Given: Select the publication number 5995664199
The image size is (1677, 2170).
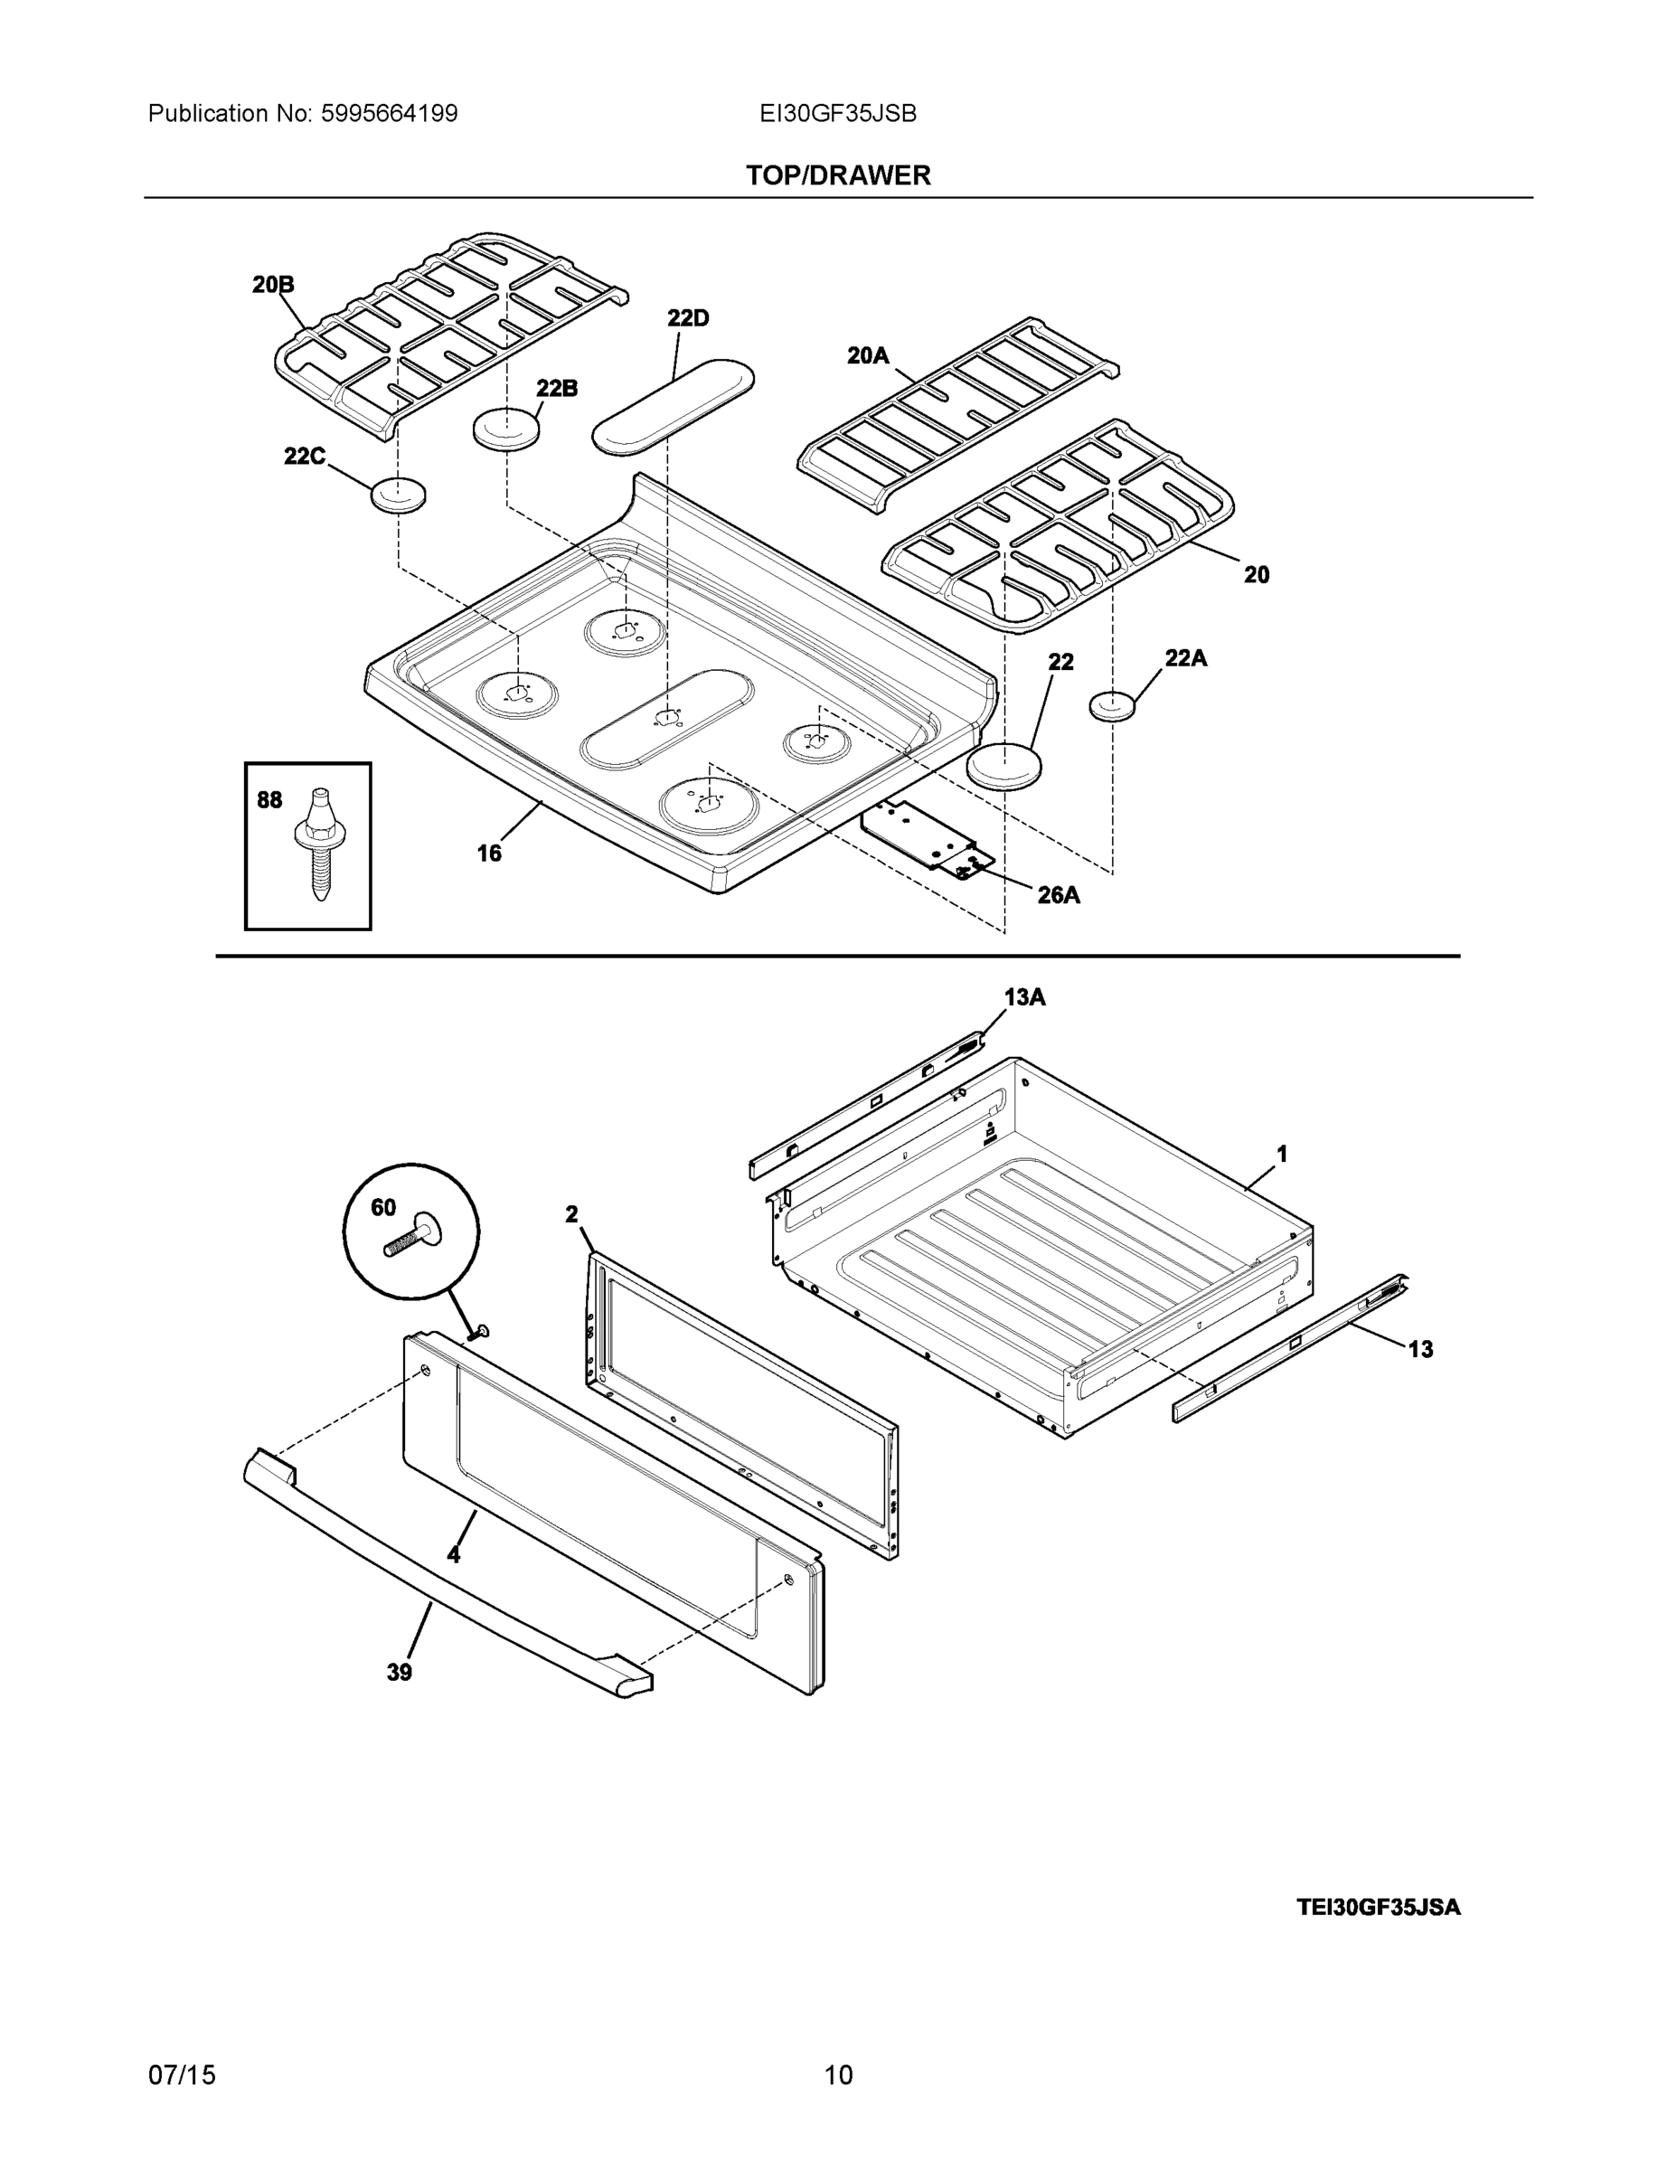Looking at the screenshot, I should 389,114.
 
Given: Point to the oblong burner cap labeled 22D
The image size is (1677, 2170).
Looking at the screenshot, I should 673,408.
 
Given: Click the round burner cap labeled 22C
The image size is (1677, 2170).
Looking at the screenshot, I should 399,494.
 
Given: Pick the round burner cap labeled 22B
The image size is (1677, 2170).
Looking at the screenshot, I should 506,429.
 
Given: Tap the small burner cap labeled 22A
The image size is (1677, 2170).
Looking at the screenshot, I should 1113,705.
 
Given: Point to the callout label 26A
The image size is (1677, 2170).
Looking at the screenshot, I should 1058,895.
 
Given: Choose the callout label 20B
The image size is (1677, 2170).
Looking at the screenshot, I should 273,285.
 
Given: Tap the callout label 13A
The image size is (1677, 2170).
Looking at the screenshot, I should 1024,997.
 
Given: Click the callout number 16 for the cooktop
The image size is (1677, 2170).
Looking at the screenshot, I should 489,853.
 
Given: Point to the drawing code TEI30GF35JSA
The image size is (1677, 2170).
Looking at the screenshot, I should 1378,1907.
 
